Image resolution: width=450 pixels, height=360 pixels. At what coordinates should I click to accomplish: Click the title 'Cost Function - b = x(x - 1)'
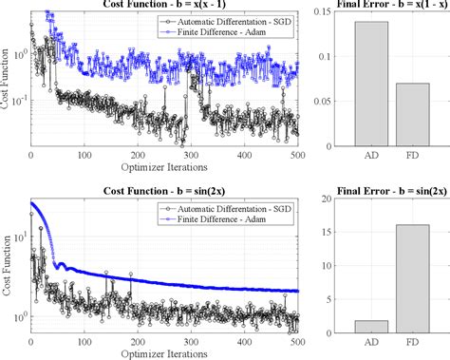(x=164, y=6)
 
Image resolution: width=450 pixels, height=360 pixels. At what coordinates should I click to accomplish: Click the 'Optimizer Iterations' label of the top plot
(x=164, y=170)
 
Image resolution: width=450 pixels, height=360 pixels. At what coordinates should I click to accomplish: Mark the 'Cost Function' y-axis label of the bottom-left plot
(x=8, y=270)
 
